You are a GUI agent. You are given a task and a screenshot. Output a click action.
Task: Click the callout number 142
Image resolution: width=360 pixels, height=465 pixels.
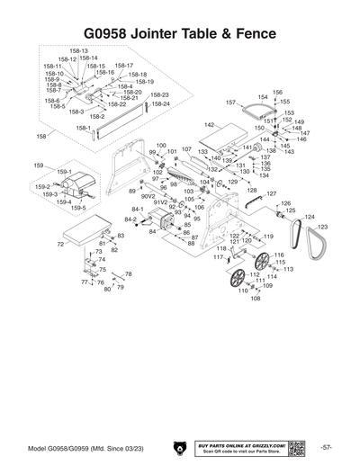[x=209, y=125]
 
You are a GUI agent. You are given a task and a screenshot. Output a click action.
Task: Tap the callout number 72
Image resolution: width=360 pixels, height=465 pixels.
[x=59, y=244]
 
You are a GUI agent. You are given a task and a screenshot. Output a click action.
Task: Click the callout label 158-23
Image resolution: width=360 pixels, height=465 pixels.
[x=160, y=94]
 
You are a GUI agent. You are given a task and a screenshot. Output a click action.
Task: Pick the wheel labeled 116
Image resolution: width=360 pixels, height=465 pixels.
[x=264, y=264]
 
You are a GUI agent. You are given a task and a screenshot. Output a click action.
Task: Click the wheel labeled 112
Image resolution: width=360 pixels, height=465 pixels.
[x=238, y=276]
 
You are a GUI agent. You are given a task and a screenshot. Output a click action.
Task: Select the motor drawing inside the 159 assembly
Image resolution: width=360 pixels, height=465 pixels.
[x=76, y=185]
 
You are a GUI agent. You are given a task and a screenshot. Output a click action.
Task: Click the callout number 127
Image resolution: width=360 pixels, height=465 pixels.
[x=271, y=193]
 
